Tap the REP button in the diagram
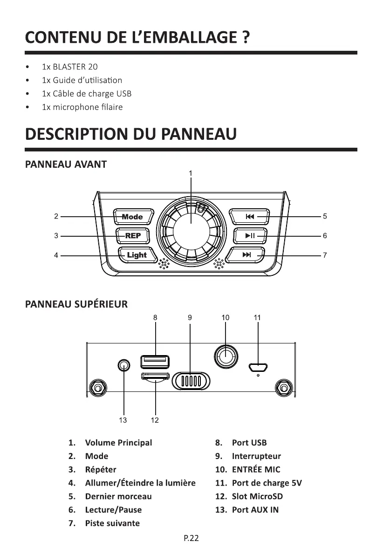tap(132, 236)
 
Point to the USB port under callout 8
tap(155, 361)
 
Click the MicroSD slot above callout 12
tap(155, 377)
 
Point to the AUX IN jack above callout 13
tap(123, 365)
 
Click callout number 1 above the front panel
tap(191, 173)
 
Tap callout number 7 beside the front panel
tap(325, 255)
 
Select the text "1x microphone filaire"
tap(82, 107)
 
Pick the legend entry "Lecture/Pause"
tap(113, 510)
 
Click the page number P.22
tap(191, 538)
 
